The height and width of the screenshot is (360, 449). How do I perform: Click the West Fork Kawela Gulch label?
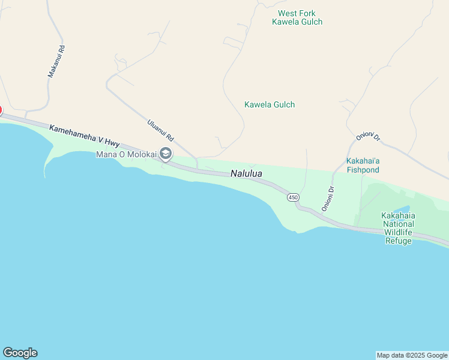297,17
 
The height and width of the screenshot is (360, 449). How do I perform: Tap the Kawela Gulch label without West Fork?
270,104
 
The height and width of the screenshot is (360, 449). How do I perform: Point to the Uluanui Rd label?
160,130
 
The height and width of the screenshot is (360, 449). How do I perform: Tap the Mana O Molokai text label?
126,155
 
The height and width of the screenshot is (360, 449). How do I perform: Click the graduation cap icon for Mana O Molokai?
166,154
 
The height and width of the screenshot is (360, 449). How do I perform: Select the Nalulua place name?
246,174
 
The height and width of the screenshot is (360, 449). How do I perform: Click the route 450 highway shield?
293,197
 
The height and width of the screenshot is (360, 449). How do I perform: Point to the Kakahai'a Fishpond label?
363,166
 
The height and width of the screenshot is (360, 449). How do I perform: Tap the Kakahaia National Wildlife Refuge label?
398,228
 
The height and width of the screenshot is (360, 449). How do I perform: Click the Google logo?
20,353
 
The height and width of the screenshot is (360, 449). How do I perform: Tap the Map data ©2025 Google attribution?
412,355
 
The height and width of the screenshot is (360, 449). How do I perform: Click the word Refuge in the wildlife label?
398,241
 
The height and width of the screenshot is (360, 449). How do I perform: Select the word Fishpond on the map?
363,170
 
